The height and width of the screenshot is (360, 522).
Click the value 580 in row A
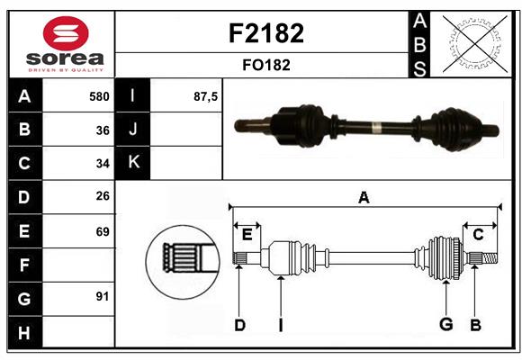[98, 96]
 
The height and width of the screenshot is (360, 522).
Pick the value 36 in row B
[102, 130]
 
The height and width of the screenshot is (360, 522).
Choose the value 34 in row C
[102, 164]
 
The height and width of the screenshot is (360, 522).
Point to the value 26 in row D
[102, 197]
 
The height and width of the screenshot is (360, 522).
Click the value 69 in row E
[102, 231]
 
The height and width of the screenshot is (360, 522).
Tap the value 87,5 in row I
[206, 96]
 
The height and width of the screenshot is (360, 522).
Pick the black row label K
[133, 163]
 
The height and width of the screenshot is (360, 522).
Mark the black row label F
[24, 265]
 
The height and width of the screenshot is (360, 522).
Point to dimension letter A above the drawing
[364, 197]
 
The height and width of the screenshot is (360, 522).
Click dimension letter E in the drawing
[247, 234]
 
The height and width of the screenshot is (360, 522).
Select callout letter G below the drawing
[445, 325]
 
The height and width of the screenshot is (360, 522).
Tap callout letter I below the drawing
[280, 325]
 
